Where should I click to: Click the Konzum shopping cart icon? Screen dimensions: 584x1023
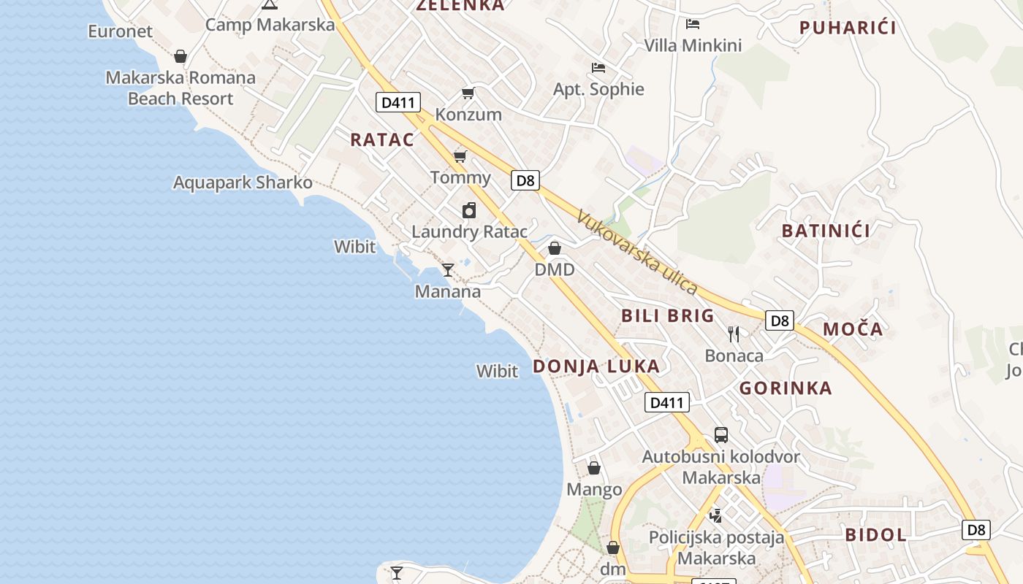coord(468,93)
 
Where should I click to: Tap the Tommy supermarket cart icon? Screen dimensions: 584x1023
coord(460,156)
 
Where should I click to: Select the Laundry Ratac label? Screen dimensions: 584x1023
coord(469,232)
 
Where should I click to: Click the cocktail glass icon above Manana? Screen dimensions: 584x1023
coord(448,269)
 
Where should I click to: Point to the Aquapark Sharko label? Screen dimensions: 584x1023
coord(243,182)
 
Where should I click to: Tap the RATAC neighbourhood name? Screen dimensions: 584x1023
coord(382,139)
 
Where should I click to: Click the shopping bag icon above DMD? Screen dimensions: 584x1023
coord(555,248)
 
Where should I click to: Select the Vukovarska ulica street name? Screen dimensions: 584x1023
coord(636,252)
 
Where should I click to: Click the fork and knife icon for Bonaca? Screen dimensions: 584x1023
coord(734,334)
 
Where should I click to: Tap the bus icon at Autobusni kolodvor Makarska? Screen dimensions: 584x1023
coord(721,435)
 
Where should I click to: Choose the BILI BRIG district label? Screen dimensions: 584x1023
coord(667,315)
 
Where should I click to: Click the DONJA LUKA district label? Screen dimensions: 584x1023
coord(596,366)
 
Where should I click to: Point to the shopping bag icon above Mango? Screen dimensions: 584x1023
coord(594,467)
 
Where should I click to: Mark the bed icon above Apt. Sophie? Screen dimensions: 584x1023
coord(598,68)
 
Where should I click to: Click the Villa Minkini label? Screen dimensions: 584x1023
coord(693,45)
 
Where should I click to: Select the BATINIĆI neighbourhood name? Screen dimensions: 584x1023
coord(826,231)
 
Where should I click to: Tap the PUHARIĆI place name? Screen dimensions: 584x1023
coord(848,28)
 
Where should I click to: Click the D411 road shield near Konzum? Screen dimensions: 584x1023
coord(398,102)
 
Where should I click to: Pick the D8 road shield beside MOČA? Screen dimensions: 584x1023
coord(780,320)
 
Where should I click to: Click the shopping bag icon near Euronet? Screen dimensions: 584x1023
coord(180,55)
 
